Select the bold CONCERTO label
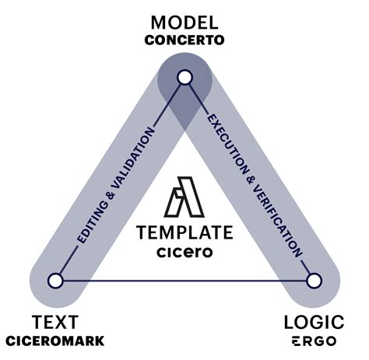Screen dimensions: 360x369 tap(184, 40)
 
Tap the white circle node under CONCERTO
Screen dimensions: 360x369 tap(184, 77)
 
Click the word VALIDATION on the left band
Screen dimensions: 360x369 tap(133, 151)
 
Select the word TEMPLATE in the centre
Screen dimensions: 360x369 tap(184, 232)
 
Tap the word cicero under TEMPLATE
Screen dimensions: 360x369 tap(184, 253)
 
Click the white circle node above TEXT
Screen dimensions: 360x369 tap(55, 280)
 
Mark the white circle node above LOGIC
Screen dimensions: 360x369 tap(314, 280)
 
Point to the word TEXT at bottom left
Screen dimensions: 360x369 tap(54, 321)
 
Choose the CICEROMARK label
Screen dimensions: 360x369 tap(54, 341)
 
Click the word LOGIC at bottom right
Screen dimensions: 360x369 tap(315, 321)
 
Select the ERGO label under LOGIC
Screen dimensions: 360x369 tap(315, 341)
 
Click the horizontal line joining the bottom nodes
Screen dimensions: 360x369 tap(184, 280)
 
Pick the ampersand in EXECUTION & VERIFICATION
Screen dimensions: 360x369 tap(250, 171)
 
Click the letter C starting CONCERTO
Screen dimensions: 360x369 tap(149, 40)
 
